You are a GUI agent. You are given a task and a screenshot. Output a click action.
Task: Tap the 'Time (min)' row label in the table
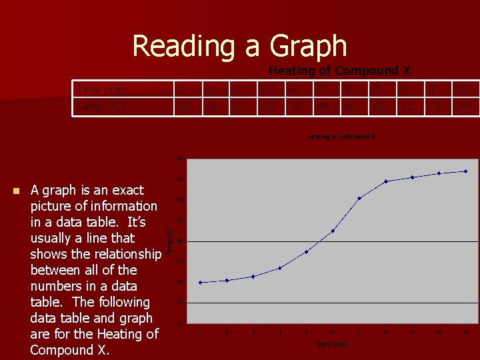(103, 90)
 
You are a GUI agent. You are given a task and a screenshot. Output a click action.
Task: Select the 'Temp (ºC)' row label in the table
(101, 106)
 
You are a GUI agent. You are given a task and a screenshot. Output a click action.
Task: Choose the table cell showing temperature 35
(294, 106)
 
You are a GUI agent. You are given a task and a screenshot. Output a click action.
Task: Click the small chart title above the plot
(341, 137)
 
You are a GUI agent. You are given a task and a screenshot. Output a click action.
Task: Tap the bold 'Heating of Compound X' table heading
(339, 71)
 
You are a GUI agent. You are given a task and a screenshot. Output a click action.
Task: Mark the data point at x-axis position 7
(359, 198)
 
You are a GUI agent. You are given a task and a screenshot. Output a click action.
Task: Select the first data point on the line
(200, 283)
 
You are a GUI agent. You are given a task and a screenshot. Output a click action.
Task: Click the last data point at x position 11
(466, 171)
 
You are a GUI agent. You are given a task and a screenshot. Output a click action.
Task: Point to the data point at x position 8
(386, 181)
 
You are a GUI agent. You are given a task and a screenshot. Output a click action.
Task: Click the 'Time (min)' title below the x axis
(332, 345)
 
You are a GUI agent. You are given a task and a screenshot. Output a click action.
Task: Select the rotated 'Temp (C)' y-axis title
(169, 241)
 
